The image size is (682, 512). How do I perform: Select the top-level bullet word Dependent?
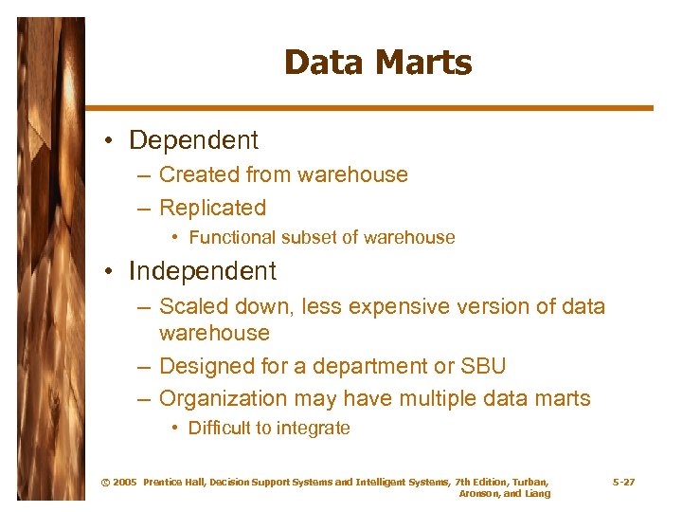point(193,140)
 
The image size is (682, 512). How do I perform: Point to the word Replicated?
point(212,208)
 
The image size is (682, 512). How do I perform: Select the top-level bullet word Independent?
point(203,271)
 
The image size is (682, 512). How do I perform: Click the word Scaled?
point(192,307)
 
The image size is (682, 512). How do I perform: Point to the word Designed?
point(206,366)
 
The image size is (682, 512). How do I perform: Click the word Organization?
point(223,399)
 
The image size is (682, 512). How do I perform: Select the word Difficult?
point(223,429)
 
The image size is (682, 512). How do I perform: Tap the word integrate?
point(314,429)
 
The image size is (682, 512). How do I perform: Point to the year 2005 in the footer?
point(124,483)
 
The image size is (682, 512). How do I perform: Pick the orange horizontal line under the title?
point(368,108)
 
